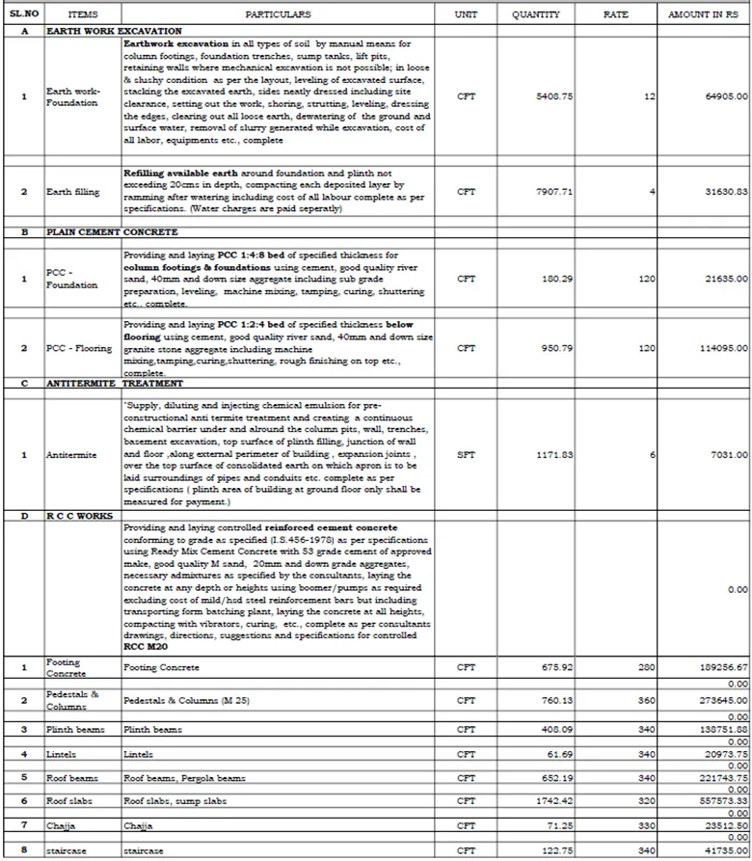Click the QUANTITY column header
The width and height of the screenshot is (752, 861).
click(536, 15)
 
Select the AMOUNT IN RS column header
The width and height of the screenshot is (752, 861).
click(702, 15)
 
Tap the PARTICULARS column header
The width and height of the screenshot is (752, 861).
click(278, 15)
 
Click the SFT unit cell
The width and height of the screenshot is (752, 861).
click(466, 454)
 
